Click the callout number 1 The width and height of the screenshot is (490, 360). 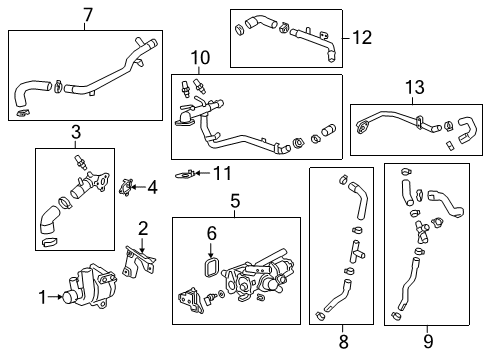[x=42, y=295]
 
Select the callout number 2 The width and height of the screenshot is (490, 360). [x=143, y=228]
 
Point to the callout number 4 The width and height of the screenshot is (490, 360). [x=153, y=186]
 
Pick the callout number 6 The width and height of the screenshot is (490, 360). [x=211, y=232]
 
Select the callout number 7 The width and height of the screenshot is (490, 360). [x=88, y=14]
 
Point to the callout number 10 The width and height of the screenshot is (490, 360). [x=200, y=59]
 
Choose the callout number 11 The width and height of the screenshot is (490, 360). [x=224, y=172]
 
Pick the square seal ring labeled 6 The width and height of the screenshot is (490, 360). [x=211, y=267]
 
